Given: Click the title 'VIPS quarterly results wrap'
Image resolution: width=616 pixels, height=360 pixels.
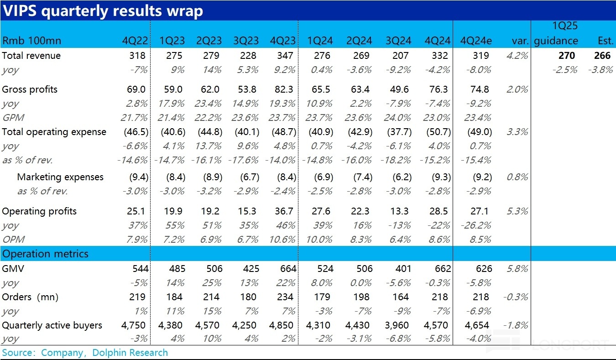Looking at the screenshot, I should point(102,10).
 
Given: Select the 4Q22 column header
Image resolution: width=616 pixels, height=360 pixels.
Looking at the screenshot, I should point(135,41).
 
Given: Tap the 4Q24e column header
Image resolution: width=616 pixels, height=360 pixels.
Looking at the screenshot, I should point(476,41).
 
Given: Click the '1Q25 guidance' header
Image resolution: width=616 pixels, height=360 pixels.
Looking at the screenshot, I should point(555,34).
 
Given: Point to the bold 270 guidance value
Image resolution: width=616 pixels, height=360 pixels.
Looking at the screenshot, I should point(566,56).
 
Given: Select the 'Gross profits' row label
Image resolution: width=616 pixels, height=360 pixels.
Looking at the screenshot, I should point(30,89).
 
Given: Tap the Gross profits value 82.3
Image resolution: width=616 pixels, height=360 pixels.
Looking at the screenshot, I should point(284,89).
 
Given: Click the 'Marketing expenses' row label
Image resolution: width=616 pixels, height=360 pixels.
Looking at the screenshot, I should point(60,177).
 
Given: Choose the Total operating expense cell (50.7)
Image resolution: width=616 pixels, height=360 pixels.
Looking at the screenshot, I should point(437,132).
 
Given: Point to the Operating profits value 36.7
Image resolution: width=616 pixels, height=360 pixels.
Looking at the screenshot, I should point(284,211).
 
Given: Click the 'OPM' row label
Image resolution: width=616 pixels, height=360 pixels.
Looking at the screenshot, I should point(13,240).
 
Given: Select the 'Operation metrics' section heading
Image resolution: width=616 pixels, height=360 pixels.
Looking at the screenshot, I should point(45,254).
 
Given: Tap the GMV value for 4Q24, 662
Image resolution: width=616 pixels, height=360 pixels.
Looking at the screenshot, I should point(439,269).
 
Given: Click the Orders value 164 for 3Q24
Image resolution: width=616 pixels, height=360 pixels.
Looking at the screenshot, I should point(401,297).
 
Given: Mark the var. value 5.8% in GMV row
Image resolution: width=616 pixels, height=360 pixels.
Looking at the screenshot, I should point(517,269).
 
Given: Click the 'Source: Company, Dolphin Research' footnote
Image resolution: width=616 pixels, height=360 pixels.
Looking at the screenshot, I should point(85,353).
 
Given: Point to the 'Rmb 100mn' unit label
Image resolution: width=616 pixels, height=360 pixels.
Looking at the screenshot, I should point(31,41).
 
